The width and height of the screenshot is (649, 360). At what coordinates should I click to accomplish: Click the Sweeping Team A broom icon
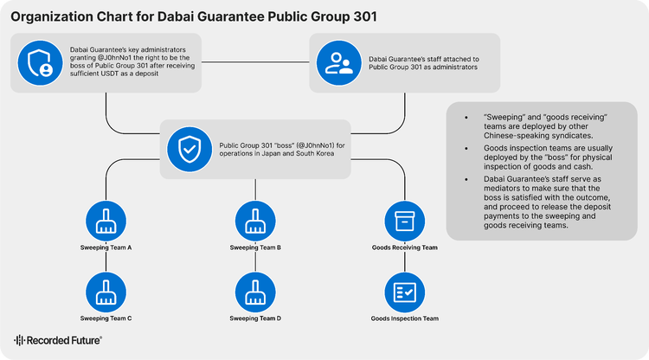point(106,221)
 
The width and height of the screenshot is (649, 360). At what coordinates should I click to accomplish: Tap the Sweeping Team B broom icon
point(255,221)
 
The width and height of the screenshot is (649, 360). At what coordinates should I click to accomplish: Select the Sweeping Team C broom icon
point(106,292)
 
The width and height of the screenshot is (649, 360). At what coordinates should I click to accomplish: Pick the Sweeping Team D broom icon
point(255,292)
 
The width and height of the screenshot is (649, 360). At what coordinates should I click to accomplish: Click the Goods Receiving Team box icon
point(405,221)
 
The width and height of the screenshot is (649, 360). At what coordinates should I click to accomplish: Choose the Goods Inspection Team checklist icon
point(405,292)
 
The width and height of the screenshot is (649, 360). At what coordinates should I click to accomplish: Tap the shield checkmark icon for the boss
point(190,150)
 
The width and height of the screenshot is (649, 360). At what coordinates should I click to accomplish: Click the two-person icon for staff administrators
point(339,63)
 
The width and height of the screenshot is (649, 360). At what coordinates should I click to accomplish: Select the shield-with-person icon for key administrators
point(40,63)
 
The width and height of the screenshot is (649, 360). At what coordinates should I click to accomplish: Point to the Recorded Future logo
point(58,340)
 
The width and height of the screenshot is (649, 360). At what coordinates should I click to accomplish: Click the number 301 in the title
point(365,16)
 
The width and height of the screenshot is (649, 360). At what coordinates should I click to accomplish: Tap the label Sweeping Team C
point(106,318)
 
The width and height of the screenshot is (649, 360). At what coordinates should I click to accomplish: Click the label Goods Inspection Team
point(405,318)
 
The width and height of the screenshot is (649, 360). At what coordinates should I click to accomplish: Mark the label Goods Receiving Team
point(405,247)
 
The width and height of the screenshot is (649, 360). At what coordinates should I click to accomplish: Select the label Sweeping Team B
point(255,247)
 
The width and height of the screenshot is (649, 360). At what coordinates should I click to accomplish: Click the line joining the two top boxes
point(255,62)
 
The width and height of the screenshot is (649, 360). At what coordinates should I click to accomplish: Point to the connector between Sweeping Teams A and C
point(106,261)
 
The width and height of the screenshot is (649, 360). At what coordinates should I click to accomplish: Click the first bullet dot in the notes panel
point(466,118)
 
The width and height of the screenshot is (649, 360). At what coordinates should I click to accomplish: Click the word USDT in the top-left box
point(108,74)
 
